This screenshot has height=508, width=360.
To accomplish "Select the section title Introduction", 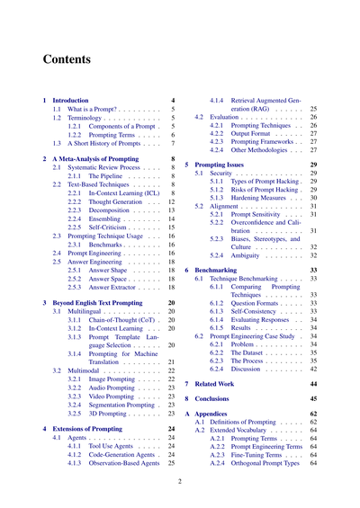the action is pos(71,100).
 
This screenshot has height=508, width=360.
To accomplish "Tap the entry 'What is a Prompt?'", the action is pos(95,109).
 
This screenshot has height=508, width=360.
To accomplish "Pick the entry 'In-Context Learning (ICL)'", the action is pos(120,193).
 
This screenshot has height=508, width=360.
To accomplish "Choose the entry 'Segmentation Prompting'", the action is pos(122,405).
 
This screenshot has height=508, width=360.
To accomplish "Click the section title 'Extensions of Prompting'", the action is pos(94,429).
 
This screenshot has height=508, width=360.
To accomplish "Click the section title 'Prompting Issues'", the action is pos(220,165).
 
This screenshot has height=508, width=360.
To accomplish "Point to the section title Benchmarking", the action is pos(216,269).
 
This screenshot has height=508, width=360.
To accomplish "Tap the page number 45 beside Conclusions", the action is pos(313,397).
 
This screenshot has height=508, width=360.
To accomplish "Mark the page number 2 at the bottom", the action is pos(180,481).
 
